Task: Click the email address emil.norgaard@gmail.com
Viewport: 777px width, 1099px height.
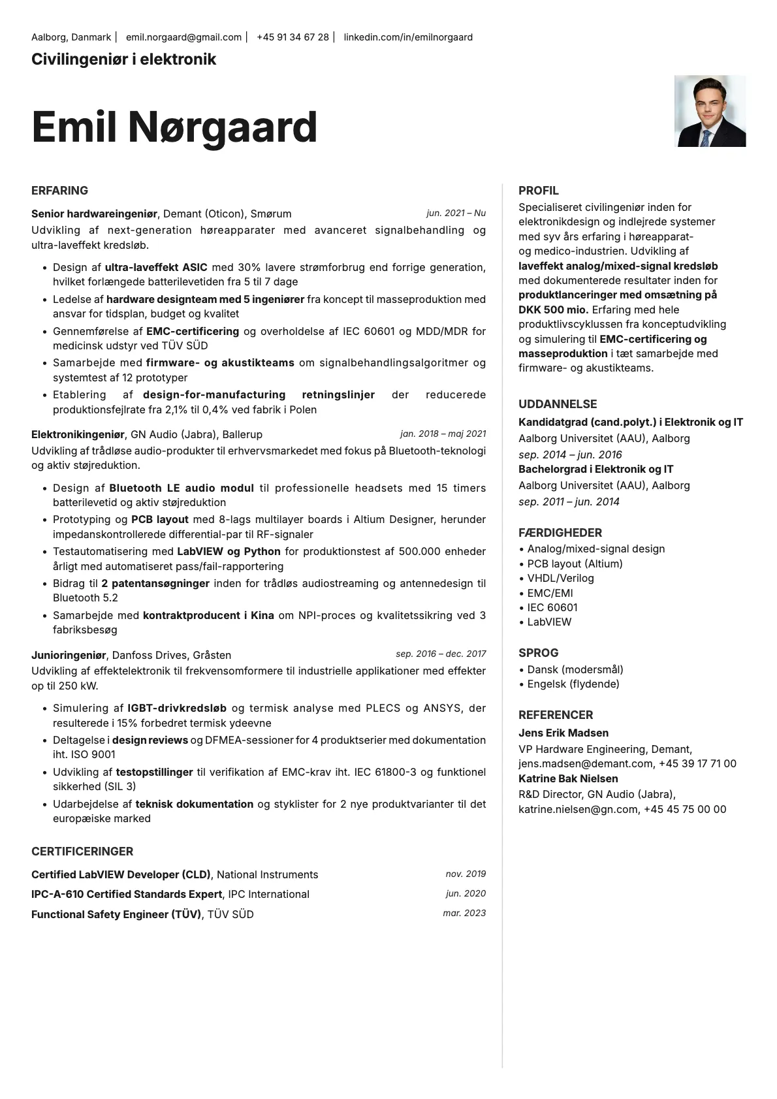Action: pos(183,37)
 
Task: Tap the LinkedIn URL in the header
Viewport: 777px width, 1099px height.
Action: pos(408,37)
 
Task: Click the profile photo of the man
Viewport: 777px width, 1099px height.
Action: pos(710,111)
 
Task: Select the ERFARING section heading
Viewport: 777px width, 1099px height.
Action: pos(59,191)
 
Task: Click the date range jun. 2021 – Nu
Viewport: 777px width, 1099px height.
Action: pos(456,213)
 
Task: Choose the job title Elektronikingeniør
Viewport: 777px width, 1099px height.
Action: pos(78,434)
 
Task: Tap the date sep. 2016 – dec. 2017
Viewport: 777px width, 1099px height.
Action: pos(441,654)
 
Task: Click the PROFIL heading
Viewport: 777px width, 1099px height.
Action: pos(539,191)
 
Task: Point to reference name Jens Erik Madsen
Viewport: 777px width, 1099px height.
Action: pos(563,733)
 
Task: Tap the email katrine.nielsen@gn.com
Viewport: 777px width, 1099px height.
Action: pos(578,809)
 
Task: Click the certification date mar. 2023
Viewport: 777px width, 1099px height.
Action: pos(464,913)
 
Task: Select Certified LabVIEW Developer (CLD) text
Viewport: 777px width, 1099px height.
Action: pos(121,874)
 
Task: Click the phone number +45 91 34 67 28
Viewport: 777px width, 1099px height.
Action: pos(293,37)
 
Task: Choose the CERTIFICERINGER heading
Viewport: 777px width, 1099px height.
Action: pos(82,852)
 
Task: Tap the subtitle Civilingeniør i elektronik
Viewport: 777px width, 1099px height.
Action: pos(123,59)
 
